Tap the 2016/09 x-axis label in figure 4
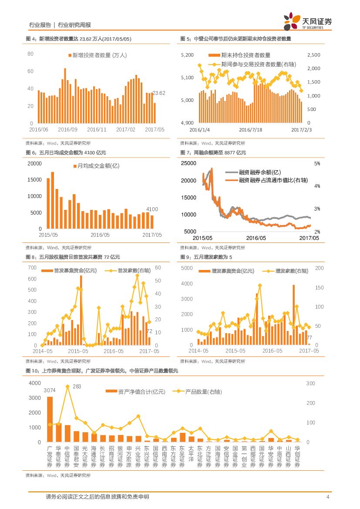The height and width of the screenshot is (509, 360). [x=67, y=129]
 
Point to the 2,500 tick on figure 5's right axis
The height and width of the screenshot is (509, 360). [x=313, y=55]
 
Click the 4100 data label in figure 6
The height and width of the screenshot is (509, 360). [x=152, y=209]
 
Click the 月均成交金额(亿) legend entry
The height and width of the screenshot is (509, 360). [x=98, y=166]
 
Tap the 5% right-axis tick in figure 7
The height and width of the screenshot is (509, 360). [x=317, y=164]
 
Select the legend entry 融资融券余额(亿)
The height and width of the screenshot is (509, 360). [x=260, y=172]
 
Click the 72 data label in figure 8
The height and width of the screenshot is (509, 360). [x=149, y=331]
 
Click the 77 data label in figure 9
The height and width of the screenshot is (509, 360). [x=309, y=338]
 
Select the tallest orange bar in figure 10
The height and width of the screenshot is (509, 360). [x=50, y=419]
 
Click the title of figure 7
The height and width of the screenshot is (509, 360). [x=213, y=152]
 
